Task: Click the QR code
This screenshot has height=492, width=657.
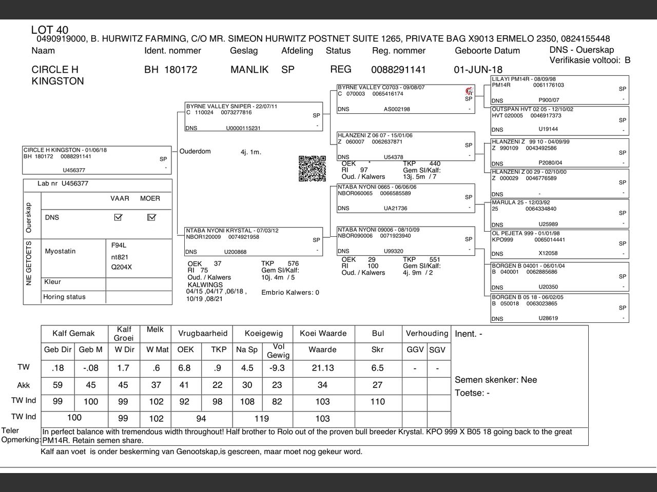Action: click(x=312, y=169)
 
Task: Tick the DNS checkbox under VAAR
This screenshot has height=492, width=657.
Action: click(x=119, y=217)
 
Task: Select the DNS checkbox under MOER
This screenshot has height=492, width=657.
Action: click(x=151, y=217)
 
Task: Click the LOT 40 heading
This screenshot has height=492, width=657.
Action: click(x=50, y=30)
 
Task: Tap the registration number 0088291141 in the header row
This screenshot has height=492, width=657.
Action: click(x=398, y=70)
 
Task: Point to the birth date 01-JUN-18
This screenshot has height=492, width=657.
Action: click(x=478, y=70)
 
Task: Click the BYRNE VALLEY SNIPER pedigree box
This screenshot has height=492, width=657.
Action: click(x=254, y=117)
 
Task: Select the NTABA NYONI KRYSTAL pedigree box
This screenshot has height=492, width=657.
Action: click(x=254, y=241)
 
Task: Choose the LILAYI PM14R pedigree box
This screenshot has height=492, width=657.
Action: click(x=559, y=90)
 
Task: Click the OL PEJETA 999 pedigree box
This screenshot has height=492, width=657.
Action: click(x=559, y=243)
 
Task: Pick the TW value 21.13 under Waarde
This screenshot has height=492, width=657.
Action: click(x=322, y=368)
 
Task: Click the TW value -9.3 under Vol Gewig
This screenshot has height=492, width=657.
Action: click(x=277, y=368)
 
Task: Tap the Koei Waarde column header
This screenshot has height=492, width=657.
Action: click(x=323, y=333)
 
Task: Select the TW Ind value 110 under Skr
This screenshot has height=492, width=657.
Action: click(x=377, y=402)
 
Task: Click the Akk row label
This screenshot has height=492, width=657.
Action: click(x=24, y=385)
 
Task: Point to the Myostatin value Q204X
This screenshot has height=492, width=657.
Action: click(x=122, y=267)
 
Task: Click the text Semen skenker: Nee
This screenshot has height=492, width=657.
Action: click(x=496, y=380)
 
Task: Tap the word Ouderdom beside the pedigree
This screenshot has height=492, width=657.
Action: click(x=195, y=152)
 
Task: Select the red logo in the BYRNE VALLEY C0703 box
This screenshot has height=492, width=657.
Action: click(x=468, y=91)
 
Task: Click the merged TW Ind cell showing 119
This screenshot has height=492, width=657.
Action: click(x=262, y=419)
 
